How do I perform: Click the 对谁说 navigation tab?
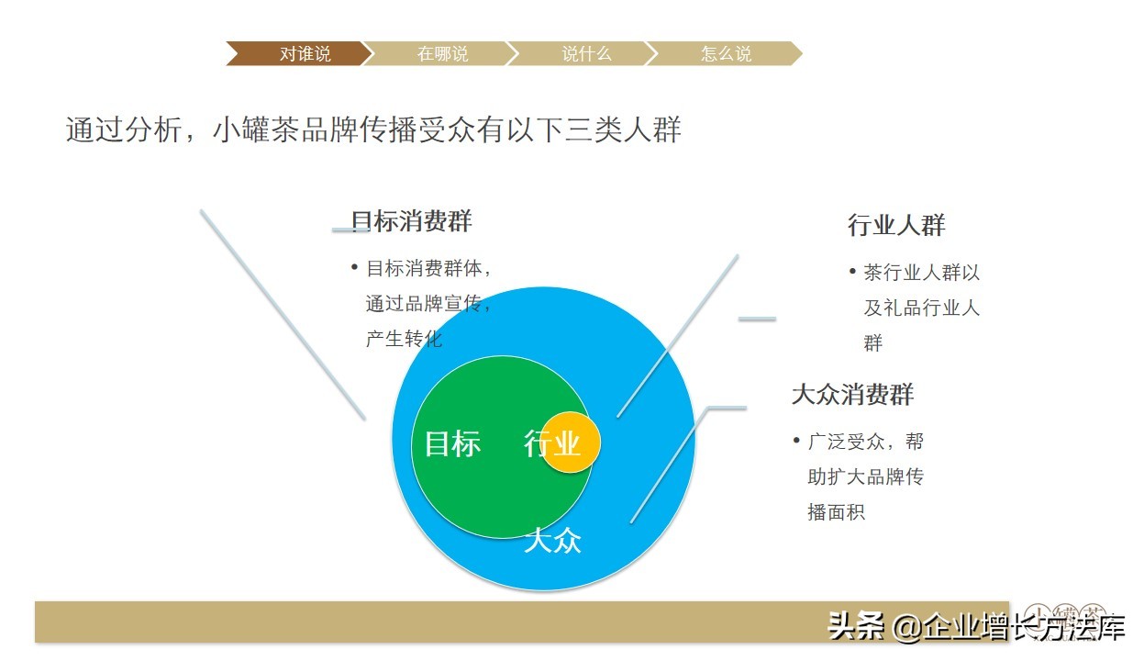pyautogui.click(x=305, y=54)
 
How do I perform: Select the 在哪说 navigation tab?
pyautogui.click(x=442, y=54)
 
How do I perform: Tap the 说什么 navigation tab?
pyautogui.click(x=586, y=54)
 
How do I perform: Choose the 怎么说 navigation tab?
pyautogui.click(x=726, y=54)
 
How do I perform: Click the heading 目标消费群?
pyautogui.click(x=412, y=221)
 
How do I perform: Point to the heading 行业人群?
pyautogui.click(x=895, y=226)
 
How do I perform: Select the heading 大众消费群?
pyautogui.click(x=852, y=396)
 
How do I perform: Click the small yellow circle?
pyautogui.click(x=573, y=442)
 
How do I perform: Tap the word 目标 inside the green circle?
pyautogui.click(x=452, y=444)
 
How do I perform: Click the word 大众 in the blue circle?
pyautogui.click(x=552, y=541)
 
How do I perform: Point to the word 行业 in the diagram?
pyautogui.click(x=551, y=444)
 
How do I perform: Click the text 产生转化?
pyautogui.click(x=404, y=339)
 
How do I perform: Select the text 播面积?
pyautogui.click(x=836, y=512)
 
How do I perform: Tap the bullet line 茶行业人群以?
pyautogui.click(x=921, y=273)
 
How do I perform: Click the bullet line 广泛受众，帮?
pyautogui.click(x=865, y=442)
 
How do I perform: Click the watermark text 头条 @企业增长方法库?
pyautogui.click(x=976, y=627)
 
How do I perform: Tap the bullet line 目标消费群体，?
pyautogui.click(x=429, y=269)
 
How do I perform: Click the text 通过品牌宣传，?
pyautogui.click(x=429, y=304)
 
